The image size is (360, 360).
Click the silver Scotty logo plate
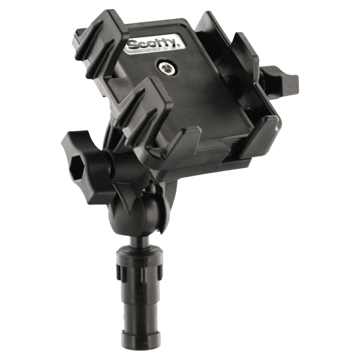(x=154, y=44)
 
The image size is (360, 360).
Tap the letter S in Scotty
(x=133, y=46)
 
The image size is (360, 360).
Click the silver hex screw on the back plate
(x=166, y=68)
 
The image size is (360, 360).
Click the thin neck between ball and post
(x=139, y=242)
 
